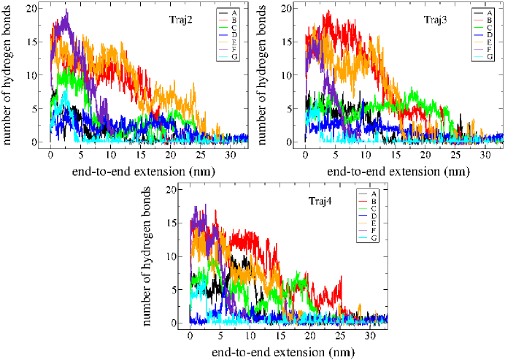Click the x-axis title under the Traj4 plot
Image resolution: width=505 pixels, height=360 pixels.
[x=286, y=352]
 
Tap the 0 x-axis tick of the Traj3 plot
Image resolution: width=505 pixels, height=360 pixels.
[x=306, y=156]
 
